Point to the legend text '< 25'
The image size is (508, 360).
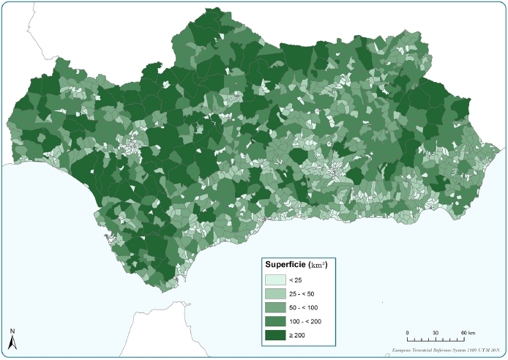pos(295,280)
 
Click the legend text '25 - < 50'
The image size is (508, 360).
pos(302,293)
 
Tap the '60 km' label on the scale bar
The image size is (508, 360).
pos(466,333)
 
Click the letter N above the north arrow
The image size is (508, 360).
pos(12,331)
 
